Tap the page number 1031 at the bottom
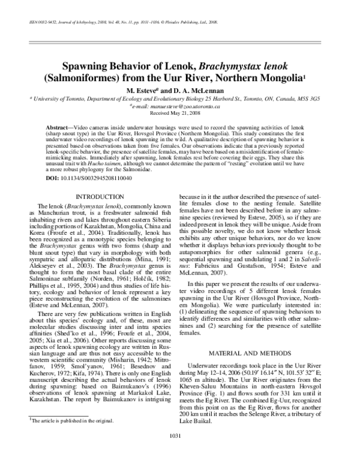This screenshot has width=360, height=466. [x=180, y=452]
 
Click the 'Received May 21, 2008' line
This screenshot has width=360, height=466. [x=180, y=112]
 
